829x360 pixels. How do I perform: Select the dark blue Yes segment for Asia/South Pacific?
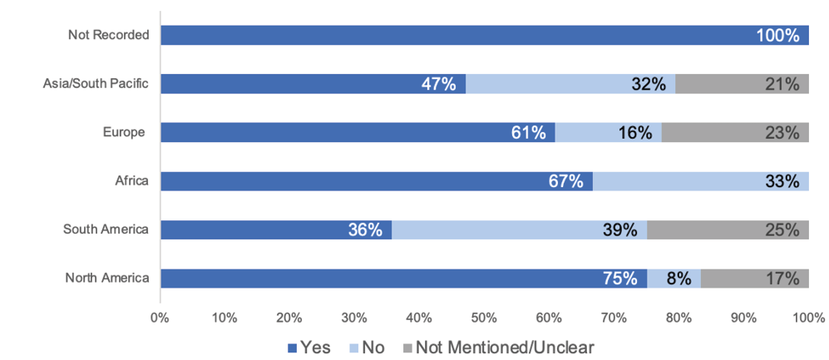coord(313,84)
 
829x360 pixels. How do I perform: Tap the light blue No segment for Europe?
coord(608,132)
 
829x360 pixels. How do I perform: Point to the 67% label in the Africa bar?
coord(566,181)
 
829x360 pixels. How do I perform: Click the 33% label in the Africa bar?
coord(782,181)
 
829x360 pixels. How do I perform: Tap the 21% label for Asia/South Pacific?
coord(782,84)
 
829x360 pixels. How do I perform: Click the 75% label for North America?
coord(620,279)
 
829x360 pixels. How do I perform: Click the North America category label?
coord(107,279)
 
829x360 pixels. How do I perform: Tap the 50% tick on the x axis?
coord(483,318)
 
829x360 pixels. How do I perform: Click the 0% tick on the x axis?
coord(160,318)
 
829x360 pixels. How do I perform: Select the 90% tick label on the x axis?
coord(743,318)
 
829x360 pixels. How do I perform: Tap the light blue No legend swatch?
coord(353,348)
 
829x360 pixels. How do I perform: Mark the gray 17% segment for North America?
coord(754,279)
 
